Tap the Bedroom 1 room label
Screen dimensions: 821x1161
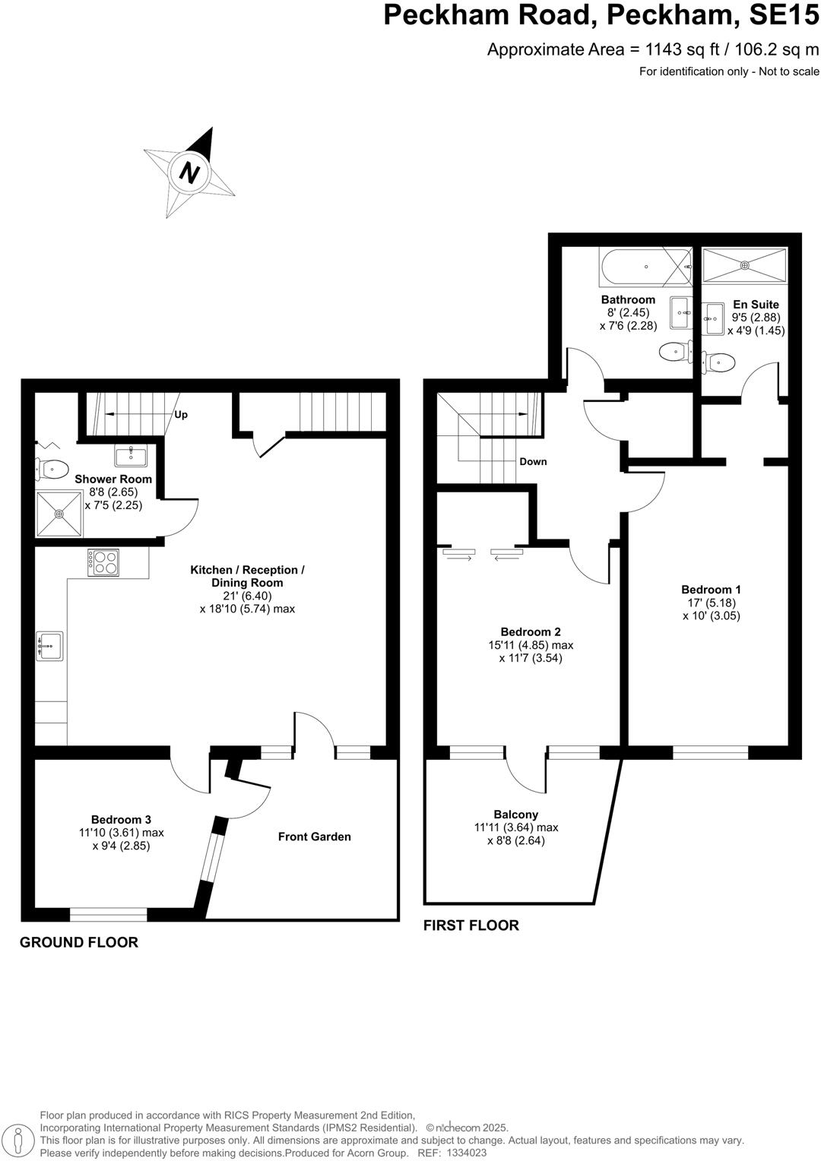click(x=711, y=590)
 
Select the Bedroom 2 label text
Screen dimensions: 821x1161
click(x=531, y=632)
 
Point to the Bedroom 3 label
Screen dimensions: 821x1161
click(x=121, y=819)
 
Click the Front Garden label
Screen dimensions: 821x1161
click(x=314, y=837)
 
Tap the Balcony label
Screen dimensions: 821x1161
click(x=515, y=815)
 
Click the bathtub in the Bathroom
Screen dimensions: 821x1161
click(x=645, y=267)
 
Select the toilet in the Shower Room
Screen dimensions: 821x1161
click(x=52, y=470)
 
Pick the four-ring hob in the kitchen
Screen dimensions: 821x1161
click(x=103, y=562)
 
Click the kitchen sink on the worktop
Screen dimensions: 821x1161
click(x=49, y=646)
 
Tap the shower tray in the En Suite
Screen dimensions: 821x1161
click(x=745, y=265)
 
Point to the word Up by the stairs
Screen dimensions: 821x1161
click(x=180, y=415)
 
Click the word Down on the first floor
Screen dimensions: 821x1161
click(x=533, y=461)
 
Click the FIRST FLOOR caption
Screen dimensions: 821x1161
click(x=471, y=925)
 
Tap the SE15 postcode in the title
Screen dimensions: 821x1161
click(x=785, y=15)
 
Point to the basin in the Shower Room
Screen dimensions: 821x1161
click(x=131, y=456)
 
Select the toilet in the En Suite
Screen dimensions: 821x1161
click(x=718, y=362)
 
